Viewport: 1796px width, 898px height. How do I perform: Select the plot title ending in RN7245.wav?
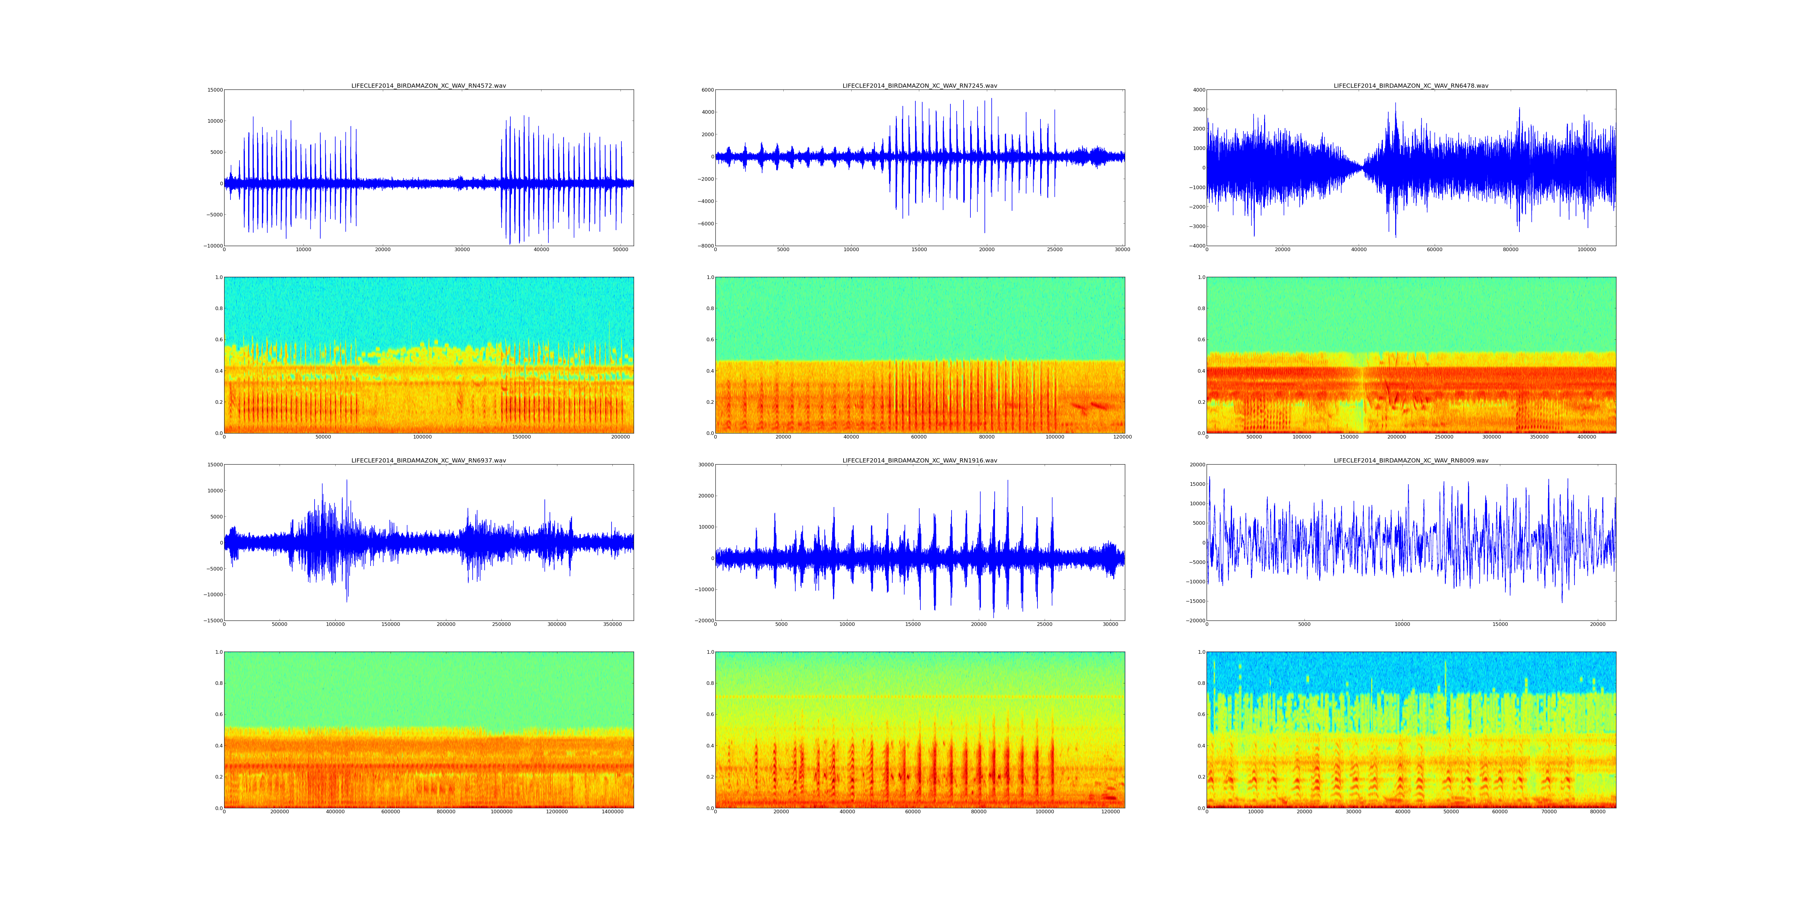tap(920, 86)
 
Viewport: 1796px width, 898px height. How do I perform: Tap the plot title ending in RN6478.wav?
tap(1411, 86)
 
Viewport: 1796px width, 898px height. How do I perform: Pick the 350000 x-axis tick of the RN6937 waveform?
tap(612, 625)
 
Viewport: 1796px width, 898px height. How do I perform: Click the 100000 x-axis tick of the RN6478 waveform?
tap(1587, 250)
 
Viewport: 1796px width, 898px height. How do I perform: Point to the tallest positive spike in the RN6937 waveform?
tap(347, 480)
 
